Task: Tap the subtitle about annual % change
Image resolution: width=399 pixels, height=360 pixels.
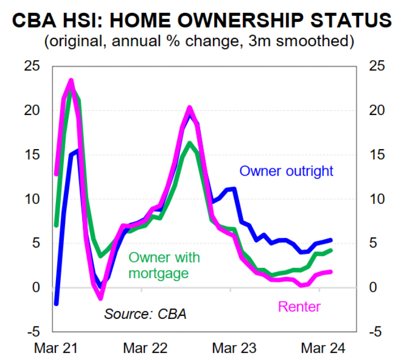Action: coord(200,40)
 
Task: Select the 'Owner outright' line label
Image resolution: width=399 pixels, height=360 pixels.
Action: coord(287,171)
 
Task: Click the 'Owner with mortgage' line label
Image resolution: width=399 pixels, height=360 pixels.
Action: coord(165,265)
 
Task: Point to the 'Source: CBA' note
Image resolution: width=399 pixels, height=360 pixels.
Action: coord(145,314)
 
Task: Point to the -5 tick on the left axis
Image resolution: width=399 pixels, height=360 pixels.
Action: coord(35,331)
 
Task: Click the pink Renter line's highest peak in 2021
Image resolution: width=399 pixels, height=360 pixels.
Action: coord(71,81)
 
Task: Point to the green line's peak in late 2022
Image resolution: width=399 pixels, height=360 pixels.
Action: coord(189,143)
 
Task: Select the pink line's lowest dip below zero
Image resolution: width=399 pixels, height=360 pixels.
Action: coord(101,298)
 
